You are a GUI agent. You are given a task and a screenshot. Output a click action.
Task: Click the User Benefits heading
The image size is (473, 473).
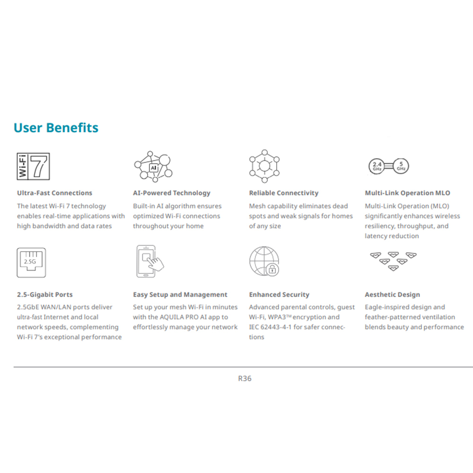click(56, 128)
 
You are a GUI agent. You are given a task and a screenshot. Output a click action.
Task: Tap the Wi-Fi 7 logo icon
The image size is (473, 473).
click(34, 166)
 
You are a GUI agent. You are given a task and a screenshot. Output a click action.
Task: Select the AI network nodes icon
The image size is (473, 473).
click(153, 166)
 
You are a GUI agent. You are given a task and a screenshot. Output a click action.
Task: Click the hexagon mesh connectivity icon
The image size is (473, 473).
click(264, 166)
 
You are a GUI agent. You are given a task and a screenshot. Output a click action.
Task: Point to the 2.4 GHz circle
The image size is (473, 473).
click(377, 166)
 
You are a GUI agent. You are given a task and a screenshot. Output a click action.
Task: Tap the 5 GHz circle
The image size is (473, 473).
click(401, 166)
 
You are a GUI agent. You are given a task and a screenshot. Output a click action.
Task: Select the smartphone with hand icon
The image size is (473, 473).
click(149, 261)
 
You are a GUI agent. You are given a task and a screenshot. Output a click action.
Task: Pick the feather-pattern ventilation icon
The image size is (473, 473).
click(393, 261)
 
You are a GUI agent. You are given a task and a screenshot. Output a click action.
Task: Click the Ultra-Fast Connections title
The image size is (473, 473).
click(54, 193)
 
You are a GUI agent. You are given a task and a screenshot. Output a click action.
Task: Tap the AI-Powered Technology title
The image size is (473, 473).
click(172, 193)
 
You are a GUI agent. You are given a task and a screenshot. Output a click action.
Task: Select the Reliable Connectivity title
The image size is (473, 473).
click(284, 193)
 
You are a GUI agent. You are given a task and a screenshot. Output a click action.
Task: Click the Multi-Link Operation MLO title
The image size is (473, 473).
click(407, 193)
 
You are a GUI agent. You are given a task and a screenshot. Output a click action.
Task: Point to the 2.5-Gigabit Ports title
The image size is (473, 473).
click(45, 295)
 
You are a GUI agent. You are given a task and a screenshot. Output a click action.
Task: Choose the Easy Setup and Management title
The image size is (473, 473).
click(180, 295)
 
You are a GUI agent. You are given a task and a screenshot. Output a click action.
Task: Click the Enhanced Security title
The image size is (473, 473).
click(279, 295)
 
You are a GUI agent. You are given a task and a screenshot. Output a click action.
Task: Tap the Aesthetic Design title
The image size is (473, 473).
click(392, 295)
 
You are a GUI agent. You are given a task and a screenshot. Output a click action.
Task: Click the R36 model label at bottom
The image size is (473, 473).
click(245, 378)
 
